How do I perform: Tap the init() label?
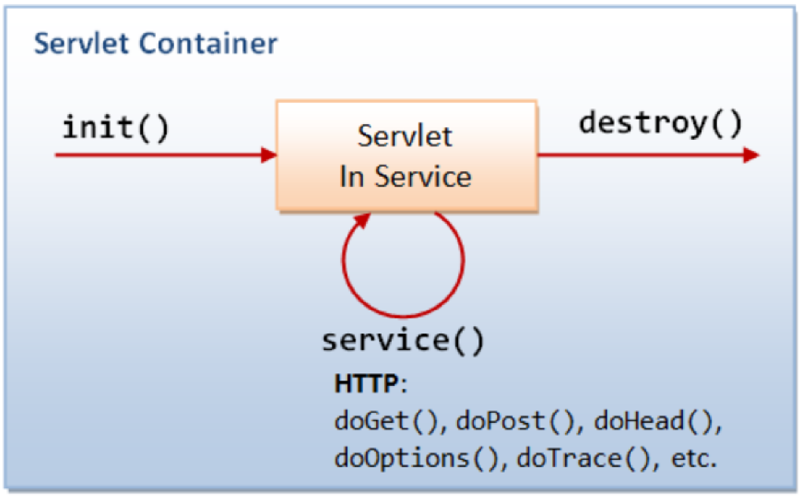pos(116,127)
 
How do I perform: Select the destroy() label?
pos(660,123)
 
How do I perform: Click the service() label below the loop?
pos(403,340)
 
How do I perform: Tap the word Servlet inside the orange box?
pos(405,136)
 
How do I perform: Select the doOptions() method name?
pos(417,458)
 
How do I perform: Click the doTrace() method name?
pos(586,458)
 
